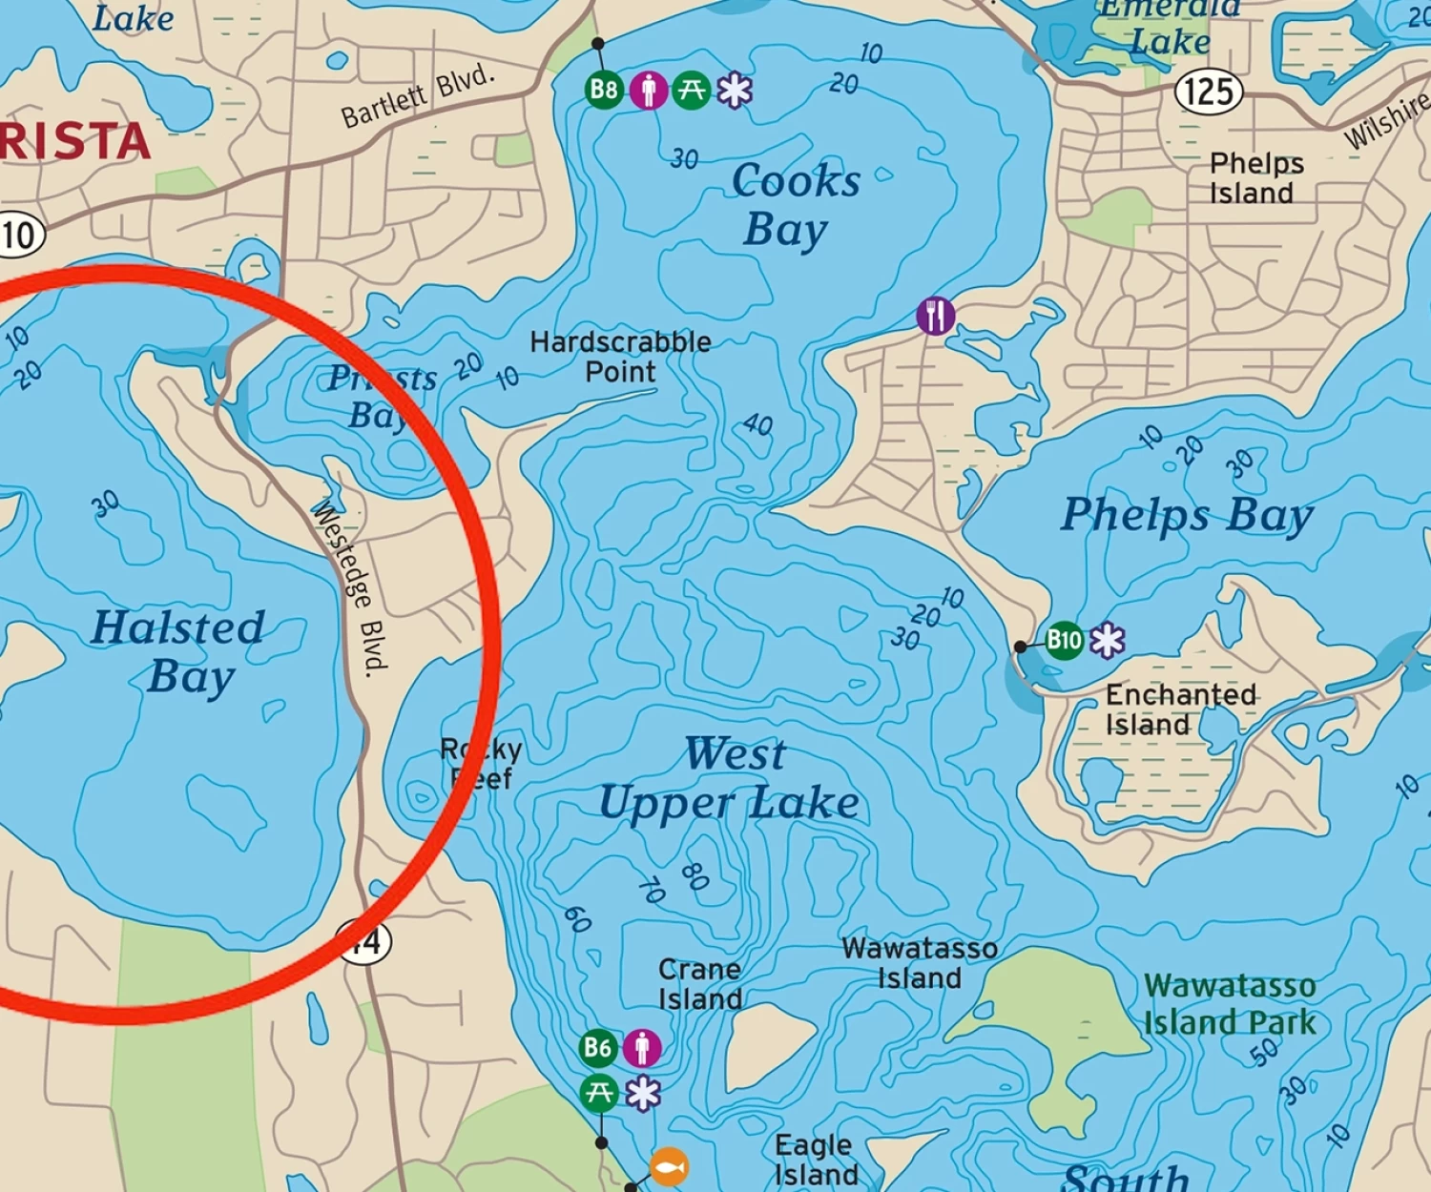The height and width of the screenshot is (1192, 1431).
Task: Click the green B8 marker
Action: (x=604, y=91)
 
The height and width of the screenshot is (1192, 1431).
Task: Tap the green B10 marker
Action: (x=1064, y=640)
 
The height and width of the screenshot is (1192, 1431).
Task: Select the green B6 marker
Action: (x=598, y=1048)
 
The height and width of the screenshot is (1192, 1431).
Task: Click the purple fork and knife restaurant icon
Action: (x=935, y=316)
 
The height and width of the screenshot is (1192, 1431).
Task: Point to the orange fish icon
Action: (x=669, y=1166)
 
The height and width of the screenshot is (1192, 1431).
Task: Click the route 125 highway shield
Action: (x=1209, y=92)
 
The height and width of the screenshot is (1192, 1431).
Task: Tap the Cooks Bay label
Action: (x=794, y=205)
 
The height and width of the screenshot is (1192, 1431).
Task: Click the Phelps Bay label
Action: (x=1188, y=515)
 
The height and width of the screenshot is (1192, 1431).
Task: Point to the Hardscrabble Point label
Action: (x=620, y=357)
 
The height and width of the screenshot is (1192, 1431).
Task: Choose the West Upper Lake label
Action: (x=730, y=778)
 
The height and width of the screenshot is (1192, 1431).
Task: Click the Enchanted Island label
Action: (x=1180, y=709)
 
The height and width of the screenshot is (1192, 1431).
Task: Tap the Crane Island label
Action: (x=700, y=984)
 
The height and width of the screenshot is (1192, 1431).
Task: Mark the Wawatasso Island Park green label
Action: (x=1230, y=1004)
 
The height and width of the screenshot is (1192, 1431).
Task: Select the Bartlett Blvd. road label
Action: (x=419, y=96)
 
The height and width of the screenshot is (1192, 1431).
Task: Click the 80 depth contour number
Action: (x=695, y=875)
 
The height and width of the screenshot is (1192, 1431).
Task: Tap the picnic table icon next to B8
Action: (x=691, y=91)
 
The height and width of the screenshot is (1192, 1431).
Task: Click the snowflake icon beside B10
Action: (x=1107, y=640)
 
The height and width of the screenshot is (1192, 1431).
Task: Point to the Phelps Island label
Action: (x=1252, y=178)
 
